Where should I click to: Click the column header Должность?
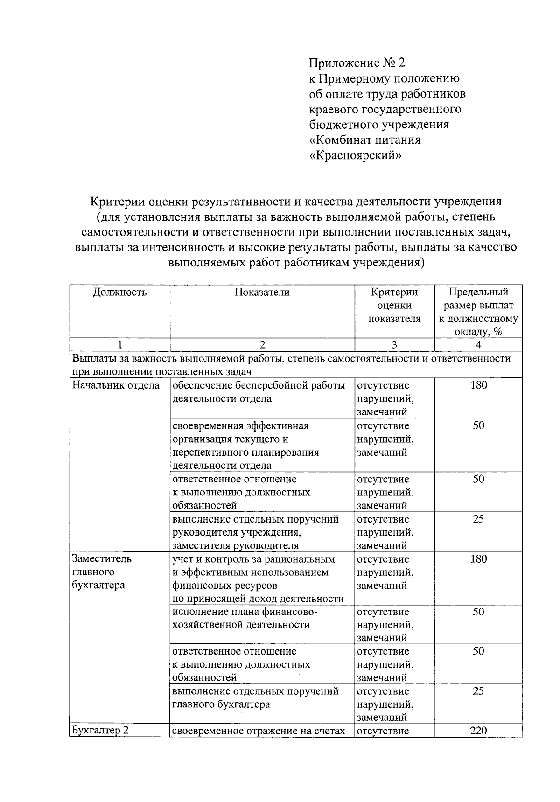pyautogui.click(x=119, y=293)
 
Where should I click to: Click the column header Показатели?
pyautogui.click(x=262, y=293)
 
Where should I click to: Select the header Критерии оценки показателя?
pyautogui.click(x=394, y=306)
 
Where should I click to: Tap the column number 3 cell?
pyautogui.click(x=394, y=345)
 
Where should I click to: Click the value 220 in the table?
pyautogui.click(x=478, y=731)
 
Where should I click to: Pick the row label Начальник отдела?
pyautogui.click(x=116, y=385)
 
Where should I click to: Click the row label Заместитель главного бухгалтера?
pyautogui.click(x=102, y=572)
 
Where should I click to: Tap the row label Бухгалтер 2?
pyautogui.click(x=99, y=731)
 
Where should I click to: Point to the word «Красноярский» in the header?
pyautogui.click(x=355, y=155)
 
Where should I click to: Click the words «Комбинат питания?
pyautogui.click(x=365, y=140)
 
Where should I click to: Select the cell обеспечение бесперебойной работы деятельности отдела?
pyautogui.click(x=259, y=392)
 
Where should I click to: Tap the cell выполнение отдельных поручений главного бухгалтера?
pyautogui.click(x=255, y=698)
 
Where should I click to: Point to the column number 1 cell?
pyautogui.click(x=119, y=345)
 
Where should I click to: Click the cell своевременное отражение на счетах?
pyautogui.click(x=259, y=731)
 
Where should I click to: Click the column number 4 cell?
pyautogui.click(x=478, y=345)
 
